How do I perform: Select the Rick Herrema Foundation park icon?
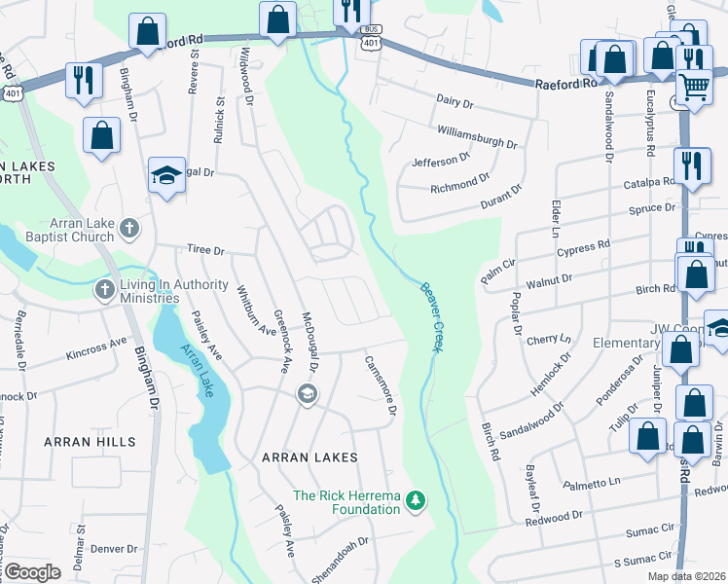[x=417, y=499]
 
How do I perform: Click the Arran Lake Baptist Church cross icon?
[x=129, y=230]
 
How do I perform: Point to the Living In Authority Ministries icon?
[x=105, y=289]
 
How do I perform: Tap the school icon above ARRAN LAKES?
[x=307, y=393]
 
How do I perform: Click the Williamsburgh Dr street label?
[x=477, y=135]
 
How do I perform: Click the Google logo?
[x=32, y=572]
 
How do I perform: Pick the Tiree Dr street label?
[x=205, y=250]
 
